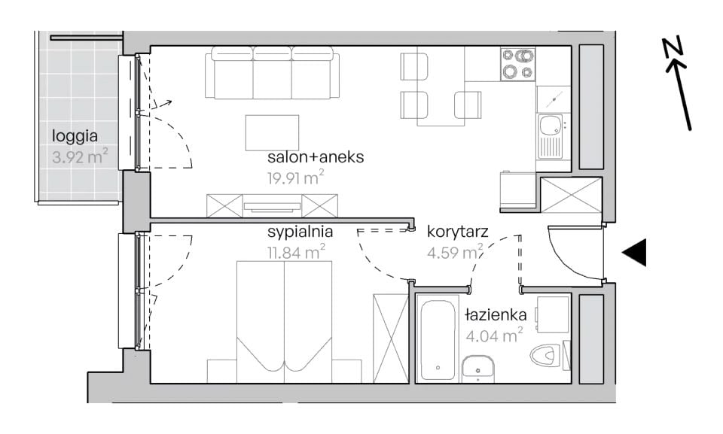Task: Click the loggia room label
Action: tap(75, 136)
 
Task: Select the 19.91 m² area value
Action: tap(295, 178)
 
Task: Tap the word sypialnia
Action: tap(300, 232)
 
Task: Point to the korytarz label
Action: tap(457, 231)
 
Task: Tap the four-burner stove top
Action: tap(518, 65)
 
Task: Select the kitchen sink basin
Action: tap(550, 125)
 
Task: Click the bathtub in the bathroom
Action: tap(438, 340)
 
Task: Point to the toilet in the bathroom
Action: tap(547, 356)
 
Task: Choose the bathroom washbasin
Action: tap(478, 369)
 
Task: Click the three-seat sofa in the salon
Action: tap(273, 73)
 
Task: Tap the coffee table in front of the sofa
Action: tap(272, 132)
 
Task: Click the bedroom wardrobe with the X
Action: tap(391, 338)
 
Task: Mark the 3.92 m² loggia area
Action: tap(81, 156)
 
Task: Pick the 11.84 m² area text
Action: tap(297, 252)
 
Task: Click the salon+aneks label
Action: tap(316, 157)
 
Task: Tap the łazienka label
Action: tap(496, 314)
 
